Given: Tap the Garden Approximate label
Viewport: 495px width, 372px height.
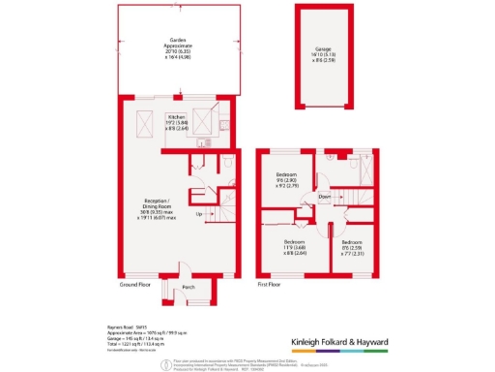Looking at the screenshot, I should tap(177, 46).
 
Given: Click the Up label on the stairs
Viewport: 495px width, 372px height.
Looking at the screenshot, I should tap(200, 214).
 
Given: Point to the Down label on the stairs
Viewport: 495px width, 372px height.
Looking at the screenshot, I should tap(326, 198).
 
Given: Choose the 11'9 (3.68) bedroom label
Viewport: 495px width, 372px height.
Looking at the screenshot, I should tap(294, 245).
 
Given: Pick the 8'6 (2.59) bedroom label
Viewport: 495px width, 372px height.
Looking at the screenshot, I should tap(352, 246).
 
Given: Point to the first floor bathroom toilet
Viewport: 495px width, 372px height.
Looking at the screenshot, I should tap(331, 157).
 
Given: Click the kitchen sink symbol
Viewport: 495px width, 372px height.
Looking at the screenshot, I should tap(221, 125).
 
